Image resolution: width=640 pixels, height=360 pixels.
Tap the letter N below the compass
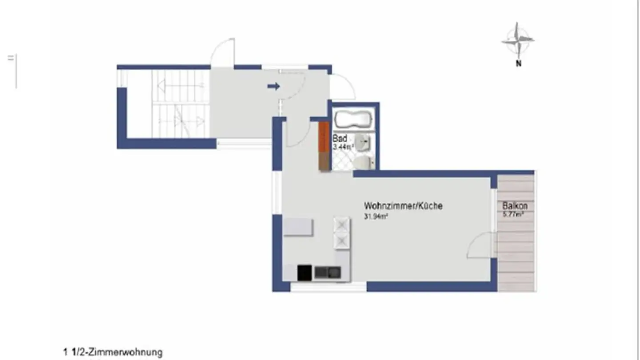pyautogui.click(x=518, y=64)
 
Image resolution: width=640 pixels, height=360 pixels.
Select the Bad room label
pyautogui.click(x=340, y=139)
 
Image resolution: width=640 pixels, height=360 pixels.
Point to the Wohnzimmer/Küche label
pyautogui.click(x=403, y=206)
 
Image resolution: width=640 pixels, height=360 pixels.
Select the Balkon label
pyautogui.click(x=515, y=206)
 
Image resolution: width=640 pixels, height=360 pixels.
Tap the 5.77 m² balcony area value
pyautogui.click(x=513, y=214)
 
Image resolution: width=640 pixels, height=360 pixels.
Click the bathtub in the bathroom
pyautogui.click(x=353, y=120)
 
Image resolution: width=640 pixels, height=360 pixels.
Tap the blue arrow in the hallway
pyautogui.click(x=273, y=86)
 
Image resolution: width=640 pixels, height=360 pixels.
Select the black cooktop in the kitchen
pyautogui.click(x=304, y=272)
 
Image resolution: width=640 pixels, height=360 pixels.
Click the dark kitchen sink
pyautogui.click(x=328, y=272)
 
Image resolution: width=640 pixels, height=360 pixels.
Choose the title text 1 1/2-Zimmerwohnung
pyautogui.click(x=113, y=353)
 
